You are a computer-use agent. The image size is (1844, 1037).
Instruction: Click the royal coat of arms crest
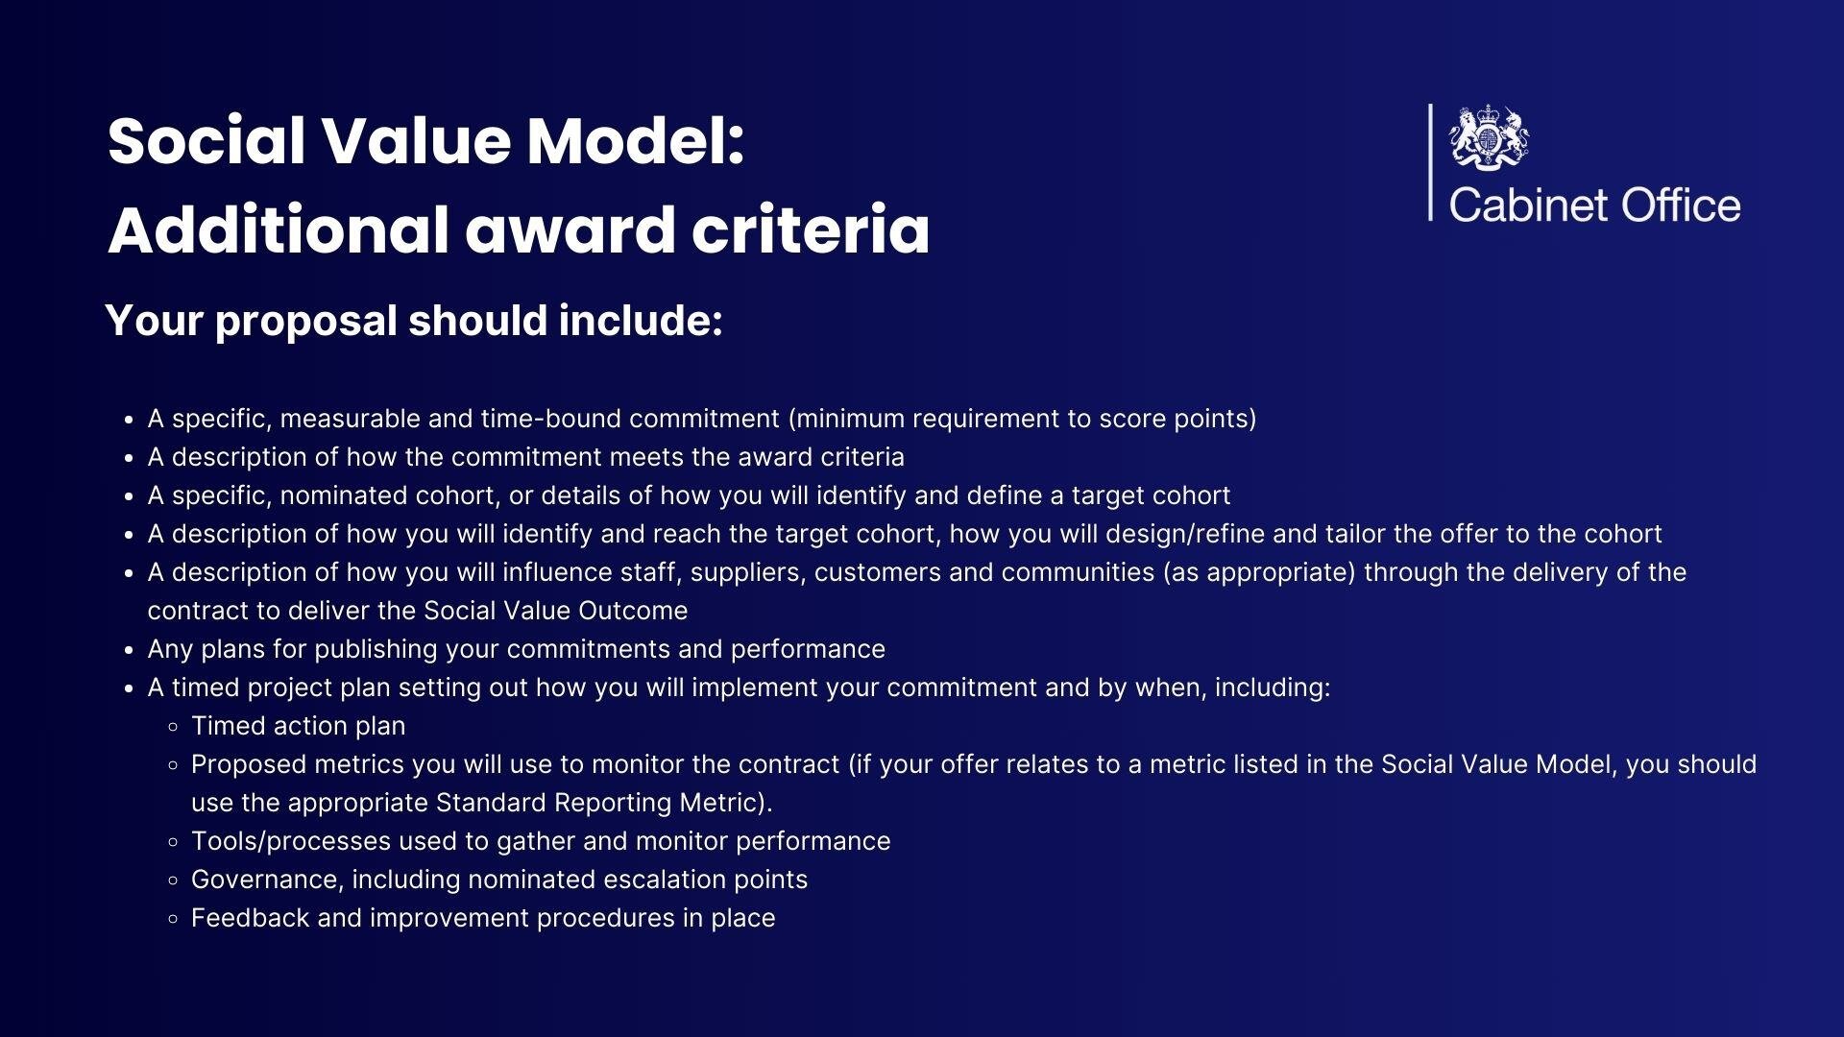[x=1489, y=137]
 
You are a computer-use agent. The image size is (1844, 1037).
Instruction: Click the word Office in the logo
[x=1681, y=205]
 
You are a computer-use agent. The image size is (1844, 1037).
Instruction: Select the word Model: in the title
[x=636, y=141]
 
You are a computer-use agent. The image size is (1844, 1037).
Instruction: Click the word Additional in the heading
[x=278, y=230]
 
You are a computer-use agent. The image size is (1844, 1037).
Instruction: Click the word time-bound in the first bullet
[x=551, y=419]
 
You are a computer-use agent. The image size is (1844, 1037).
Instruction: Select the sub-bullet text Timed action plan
[x=298, y=726]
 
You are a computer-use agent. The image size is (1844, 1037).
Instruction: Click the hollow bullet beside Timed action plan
[x=173, y=727]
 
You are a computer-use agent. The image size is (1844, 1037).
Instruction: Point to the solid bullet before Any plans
[x=128, y=650]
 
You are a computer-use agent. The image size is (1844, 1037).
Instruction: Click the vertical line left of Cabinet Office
[x=1430, y=162]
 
